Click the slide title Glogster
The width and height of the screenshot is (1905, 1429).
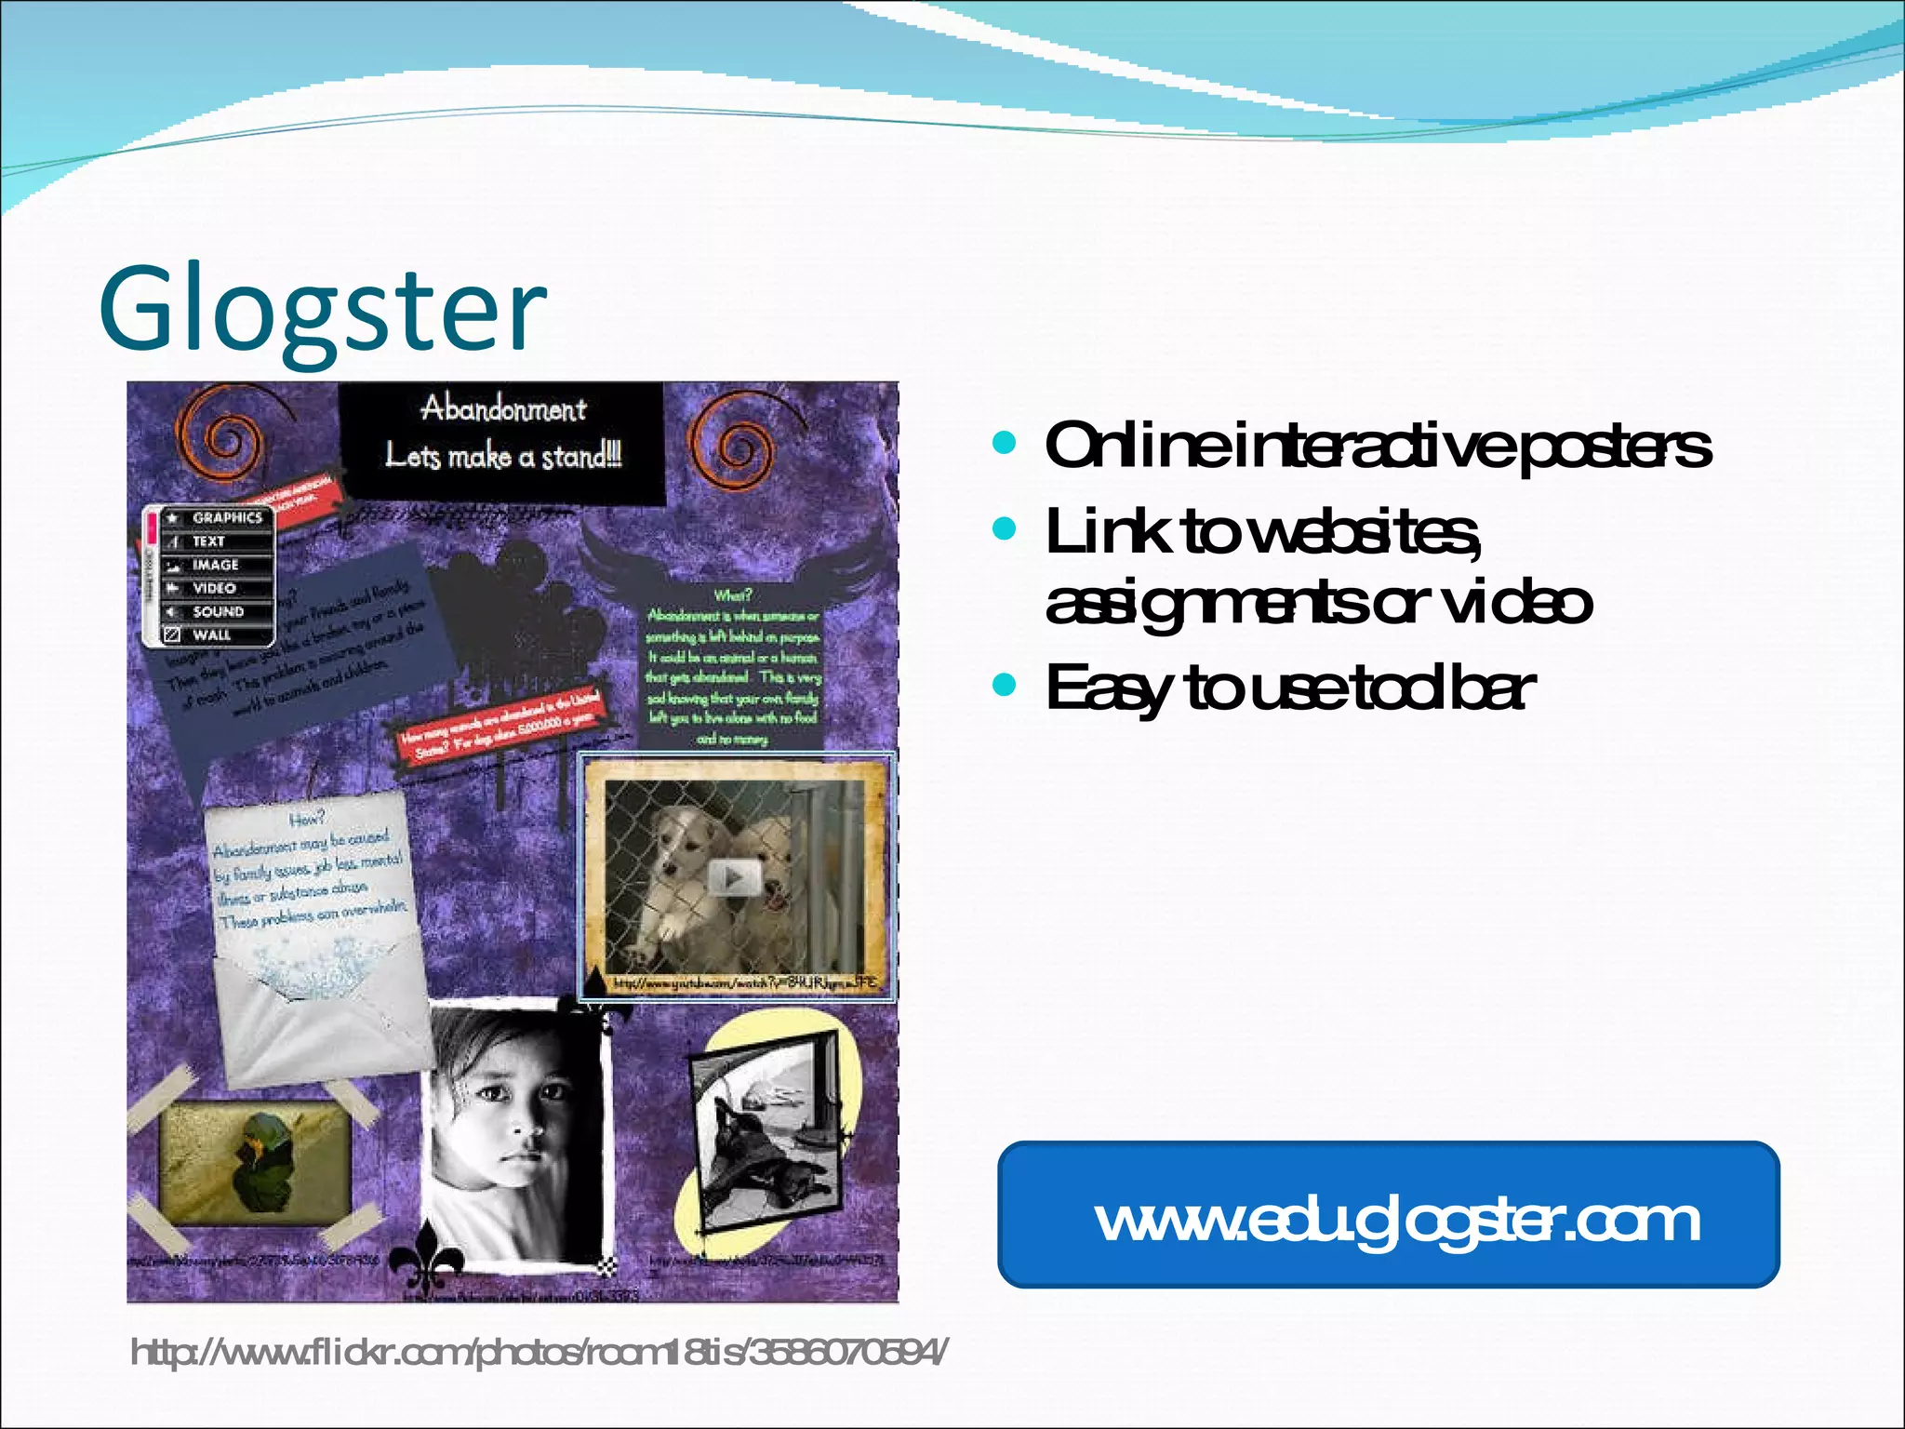[323, 311]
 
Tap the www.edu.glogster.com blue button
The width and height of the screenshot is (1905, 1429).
[1388, 1215]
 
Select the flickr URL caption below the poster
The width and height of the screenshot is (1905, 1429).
[540, 1352]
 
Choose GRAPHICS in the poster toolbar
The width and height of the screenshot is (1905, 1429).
[226, 517]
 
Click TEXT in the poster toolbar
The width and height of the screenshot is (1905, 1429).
[209, 541]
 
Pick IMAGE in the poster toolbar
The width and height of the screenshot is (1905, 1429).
[216, 565]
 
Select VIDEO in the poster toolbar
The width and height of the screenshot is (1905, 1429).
[214, 588]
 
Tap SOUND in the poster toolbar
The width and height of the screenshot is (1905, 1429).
[218, 611]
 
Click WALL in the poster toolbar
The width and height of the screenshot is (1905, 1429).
[211, 634]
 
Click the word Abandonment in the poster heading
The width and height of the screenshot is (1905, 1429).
[503, 409]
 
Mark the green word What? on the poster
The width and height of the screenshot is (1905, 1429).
[733, 595]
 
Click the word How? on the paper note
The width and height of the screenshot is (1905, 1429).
[307, 819]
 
